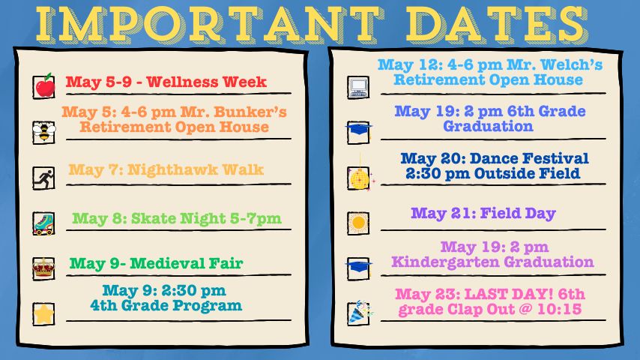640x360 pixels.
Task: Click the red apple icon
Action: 44,85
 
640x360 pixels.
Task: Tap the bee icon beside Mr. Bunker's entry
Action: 44,132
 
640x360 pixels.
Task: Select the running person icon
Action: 44,178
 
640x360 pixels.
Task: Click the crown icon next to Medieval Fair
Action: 43,268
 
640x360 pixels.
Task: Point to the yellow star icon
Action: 43,314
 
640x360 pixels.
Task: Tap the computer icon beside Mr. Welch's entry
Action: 358,88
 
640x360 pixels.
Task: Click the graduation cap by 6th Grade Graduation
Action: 358,129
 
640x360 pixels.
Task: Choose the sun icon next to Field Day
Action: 358,223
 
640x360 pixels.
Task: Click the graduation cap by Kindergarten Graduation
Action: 358,266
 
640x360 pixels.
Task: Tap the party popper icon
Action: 360,313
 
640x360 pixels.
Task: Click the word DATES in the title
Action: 496,25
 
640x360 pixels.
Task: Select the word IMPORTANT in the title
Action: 209,25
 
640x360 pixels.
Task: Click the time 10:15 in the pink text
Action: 559,309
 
